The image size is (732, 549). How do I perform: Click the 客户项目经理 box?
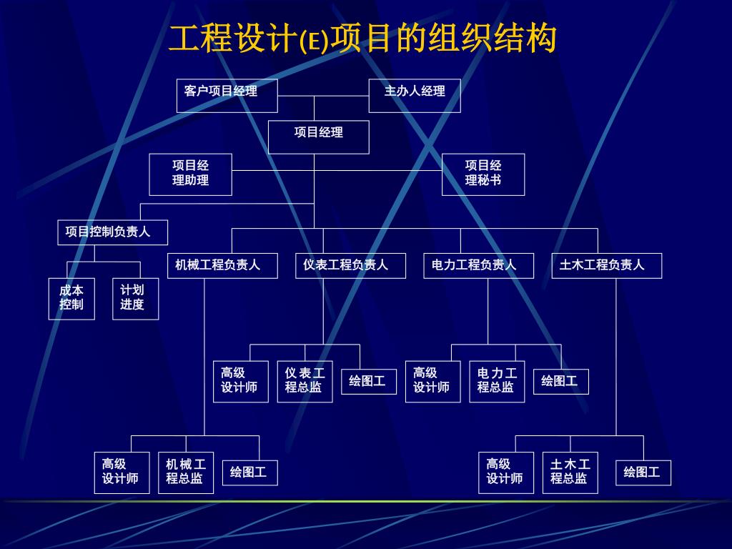pyautogui.click(x=227, y=95)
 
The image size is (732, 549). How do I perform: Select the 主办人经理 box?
pyautogui.click(x=415, y=95)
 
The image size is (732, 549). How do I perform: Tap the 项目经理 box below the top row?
pyautogui.click(x=318, y=137)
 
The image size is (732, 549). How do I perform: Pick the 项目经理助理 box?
pyautogui.click(x=190, y=174)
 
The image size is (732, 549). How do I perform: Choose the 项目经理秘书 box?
pyautogui.click(x=483, y=174)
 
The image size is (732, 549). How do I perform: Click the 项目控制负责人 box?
pyautogui.click(x=113, y=232)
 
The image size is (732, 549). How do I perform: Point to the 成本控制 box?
pyautogui.click(x=71, y=298)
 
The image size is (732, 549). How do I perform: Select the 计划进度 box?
pyautogui.click(x=135, y=298)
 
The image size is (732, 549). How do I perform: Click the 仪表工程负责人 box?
pyautogui.click(x=350, y=265)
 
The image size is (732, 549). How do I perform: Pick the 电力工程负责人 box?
pyautogui.click(x=478, y=265)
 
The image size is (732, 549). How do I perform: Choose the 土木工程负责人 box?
pyautogui.click(x=606, y=265)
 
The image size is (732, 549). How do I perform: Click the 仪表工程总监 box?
pyautogui.click(x=305, y=381)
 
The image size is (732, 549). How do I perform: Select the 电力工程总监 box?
pyautogui.click(x=497, y=381)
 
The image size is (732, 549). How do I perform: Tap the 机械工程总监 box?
pyautogui.click(x=186, y=472)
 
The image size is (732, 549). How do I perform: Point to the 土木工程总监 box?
pyautogui.click(x=570, y=472)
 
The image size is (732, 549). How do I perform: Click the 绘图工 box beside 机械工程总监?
pyautogui.click(x=249, y=473)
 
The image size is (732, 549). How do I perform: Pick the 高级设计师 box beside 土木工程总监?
pyautogui.click(x=506, y=472)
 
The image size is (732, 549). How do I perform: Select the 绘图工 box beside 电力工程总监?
pyautogui.click(x=560, y=382)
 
